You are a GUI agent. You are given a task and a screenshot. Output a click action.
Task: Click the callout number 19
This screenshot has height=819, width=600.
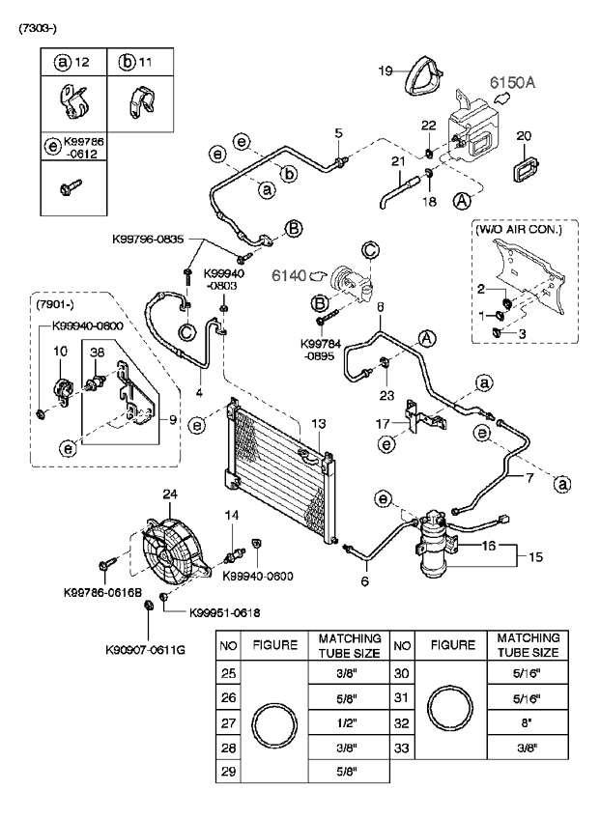(x=384, y=71)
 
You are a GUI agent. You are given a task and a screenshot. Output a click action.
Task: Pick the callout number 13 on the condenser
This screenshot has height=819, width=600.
(x=319, y=424)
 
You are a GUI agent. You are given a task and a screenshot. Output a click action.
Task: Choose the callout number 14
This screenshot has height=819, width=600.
(x=230, y=516)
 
